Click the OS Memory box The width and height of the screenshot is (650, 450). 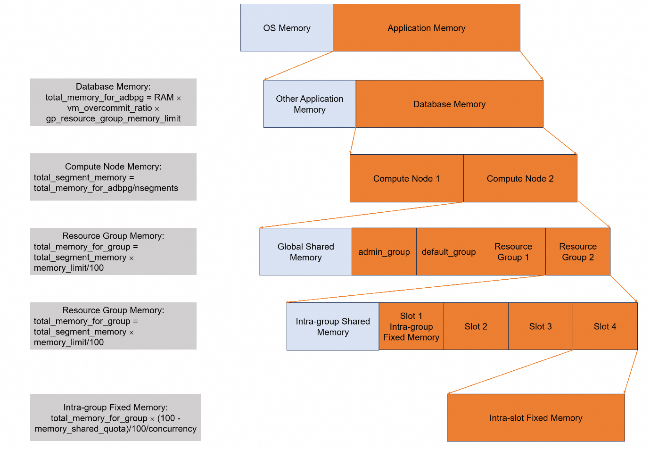point(287,28)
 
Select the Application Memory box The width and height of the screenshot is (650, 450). point(426,28)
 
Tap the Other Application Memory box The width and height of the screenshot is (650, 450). point(309,104)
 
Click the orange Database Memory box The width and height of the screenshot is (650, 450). point(449,104)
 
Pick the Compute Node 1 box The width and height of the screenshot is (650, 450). point(406,178)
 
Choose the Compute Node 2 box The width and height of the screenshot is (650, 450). point(520,178)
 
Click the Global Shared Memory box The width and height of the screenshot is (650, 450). point(305,251)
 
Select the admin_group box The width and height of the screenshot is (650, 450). point(384,251)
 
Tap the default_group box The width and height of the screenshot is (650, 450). point(448,251)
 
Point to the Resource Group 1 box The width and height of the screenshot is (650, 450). point(513,251)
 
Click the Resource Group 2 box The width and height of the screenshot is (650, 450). point(577,251)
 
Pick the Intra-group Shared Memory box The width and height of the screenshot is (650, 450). point(332,326)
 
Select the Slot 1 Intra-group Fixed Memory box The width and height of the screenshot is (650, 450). point(411,326)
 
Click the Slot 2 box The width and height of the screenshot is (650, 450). point(476,326)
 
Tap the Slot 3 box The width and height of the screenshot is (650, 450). point(540,326)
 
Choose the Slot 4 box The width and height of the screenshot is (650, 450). point(605,326)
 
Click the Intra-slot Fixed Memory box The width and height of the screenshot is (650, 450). point(535,417)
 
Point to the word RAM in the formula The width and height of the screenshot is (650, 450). point(164,97)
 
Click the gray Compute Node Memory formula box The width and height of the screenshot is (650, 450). point(113,177)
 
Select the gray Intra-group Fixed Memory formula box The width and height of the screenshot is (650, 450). point(115,417)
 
